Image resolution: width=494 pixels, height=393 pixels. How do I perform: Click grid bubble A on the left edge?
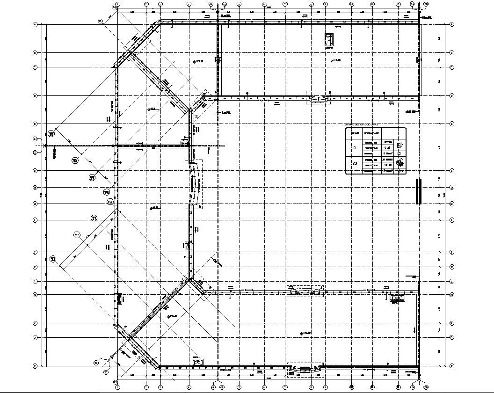[35, 25]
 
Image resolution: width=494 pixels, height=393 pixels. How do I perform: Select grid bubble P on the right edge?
[452, 365]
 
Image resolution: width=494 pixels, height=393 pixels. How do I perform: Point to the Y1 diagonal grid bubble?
[53, 259]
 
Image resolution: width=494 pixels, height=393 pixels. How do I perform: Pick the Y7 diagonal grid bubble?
[92, 177]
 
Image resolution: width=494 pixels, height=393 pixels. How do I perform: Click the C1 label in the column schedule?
[355, 148]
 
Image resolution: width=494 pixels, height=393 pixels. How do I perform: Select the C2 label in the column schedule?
[355, 164]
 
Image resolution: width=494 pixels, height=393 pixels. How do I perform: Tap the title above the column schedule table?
[362, 125]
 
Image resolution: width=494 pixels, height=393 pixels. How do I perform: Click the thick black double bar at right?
[419, 191]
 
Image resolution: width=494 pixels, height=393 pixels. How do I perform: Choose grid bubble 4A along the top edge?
[211, 4]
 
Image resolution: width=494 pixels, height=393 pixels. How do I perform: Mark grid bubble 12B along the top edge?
[425, 4]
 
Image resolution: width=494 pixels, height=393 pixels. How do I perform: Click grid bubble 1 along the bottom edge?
[117, 387]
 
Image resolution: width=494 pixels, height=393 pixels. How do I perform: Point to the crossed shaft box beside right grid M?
[398, 297]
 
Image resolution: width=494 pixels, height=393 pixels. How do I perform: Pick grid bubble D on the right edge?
[452, 96]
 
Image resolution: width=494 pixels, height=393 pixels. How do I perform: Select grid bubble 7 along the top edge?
[285, 4]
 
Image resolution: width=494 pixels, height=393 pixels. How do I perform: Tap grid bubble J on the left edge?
[35, 252]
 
